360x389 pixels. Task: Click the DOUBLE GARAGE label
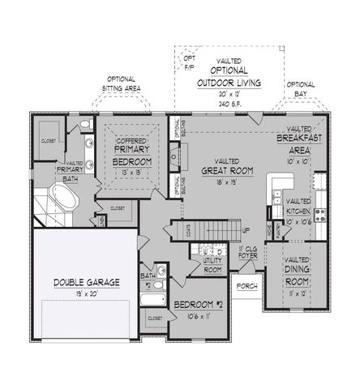tap(87, 281)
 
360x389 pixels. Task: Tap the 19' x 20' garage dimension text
tap(87, 293)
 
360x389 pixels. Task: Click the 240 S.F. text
tap(233, 102)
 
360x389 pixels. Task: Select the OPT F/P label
tap(188, 63)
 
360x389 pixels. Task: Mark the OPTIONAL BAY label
tap(301, 88)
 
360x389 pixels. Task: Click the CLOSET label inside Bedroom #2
tap(156, 319)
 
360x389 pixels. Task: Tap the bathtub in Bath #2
tap(152, 300)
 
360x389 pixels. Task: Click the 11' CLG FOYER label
tap(248, 256)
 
